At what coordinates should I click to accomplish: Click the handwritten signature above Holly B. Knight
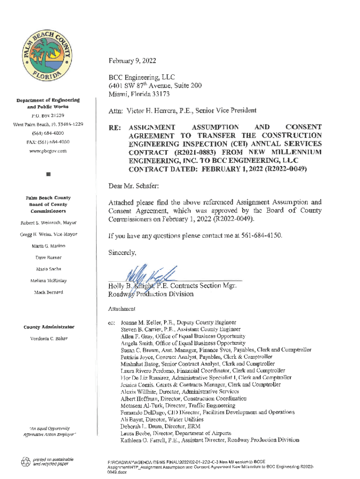pyautogui.click(x=145, y=275)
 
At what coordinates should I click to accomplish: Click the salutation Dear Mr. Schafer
pyautogui.click(x=134, y=186)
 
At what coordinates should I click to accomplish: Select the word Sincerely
pyautogui.click(x=123, y=253)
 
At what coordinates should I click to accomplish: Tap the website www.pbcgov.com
pyautogui.click(x=48, y=151)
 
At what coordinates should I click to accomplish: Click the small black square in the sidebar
pyautogui.click(x=48, y=175)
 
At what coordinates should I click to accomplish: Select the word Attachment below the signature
pyautogui.click(x=122, y=309)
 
